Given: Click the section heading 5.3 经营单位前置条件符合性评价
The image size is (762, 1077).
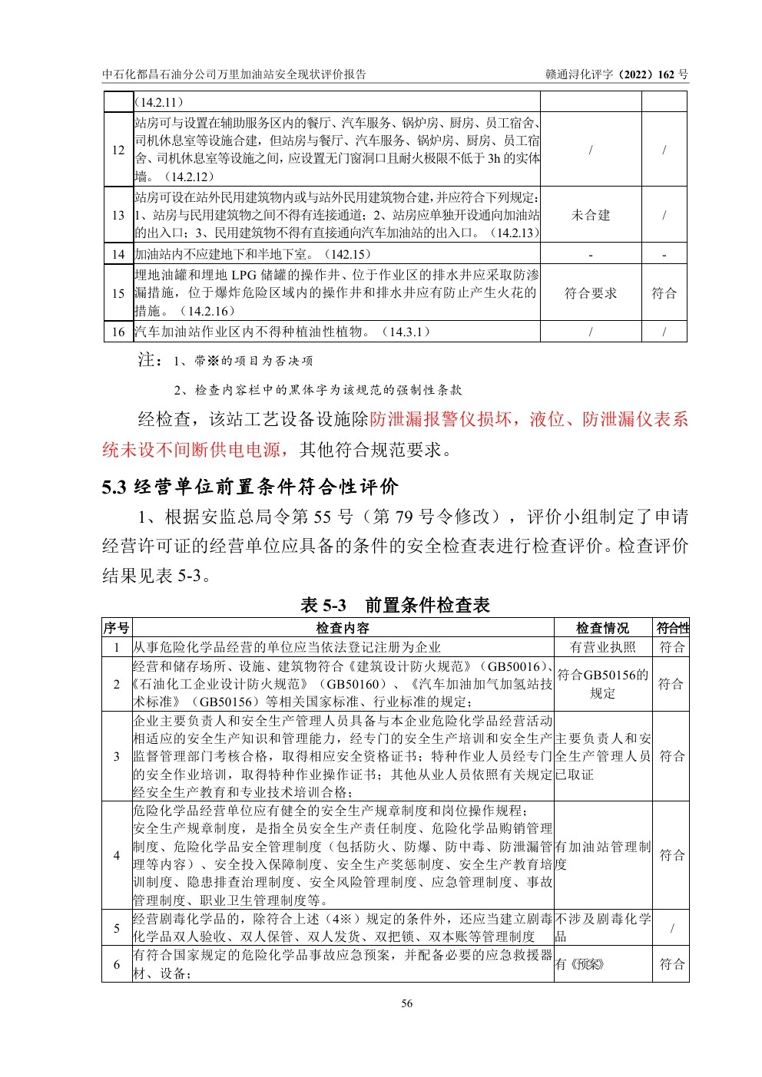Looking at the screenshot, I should coord(250,487).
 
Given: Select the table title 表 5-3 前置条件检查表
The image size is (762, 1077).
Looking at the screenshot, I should coord(395,605).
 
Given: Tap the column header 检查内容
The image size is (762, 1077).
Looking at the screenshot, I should coord(343,628).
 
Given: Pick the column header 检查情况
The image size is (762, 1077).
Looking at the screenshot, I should coord(603,628).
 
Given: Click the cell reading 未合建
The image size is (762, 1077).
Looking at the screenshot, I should coord(590,215).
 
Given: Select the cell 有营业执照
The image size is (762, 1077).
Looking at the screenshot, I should coord(603,647).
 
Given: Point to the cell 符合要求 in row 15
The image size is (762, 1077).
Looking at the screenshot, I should coord(590,293).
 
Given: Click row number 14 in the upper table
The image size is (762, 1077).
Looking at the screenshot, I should coord(118,254).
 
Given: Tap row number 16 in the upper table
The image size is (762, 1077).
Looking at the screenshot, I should coord(118,332).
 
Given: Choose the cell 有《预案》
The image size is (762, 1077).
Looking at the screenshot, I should coord(580,964).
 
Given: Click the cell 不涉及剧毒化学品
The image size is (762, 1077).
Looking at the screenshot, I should coord(602,927).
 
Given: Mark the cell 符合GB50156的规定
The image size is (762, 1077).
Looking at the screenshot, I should coord(602,684).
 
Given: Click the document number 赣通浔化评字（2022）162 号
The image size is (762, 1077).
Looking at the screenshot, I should coord(616,74).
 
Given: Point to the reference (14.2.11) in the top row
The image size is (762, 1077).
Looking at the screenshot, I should coord(159,101).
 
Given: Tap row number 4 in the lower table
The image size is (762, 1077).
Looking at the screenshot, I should coord(117,855).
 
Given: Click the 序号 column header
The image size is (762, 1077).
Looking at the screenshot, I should coord(117,628).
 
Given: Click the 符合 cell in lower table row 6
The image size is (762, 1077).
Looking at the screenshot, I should coord(672,964).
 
